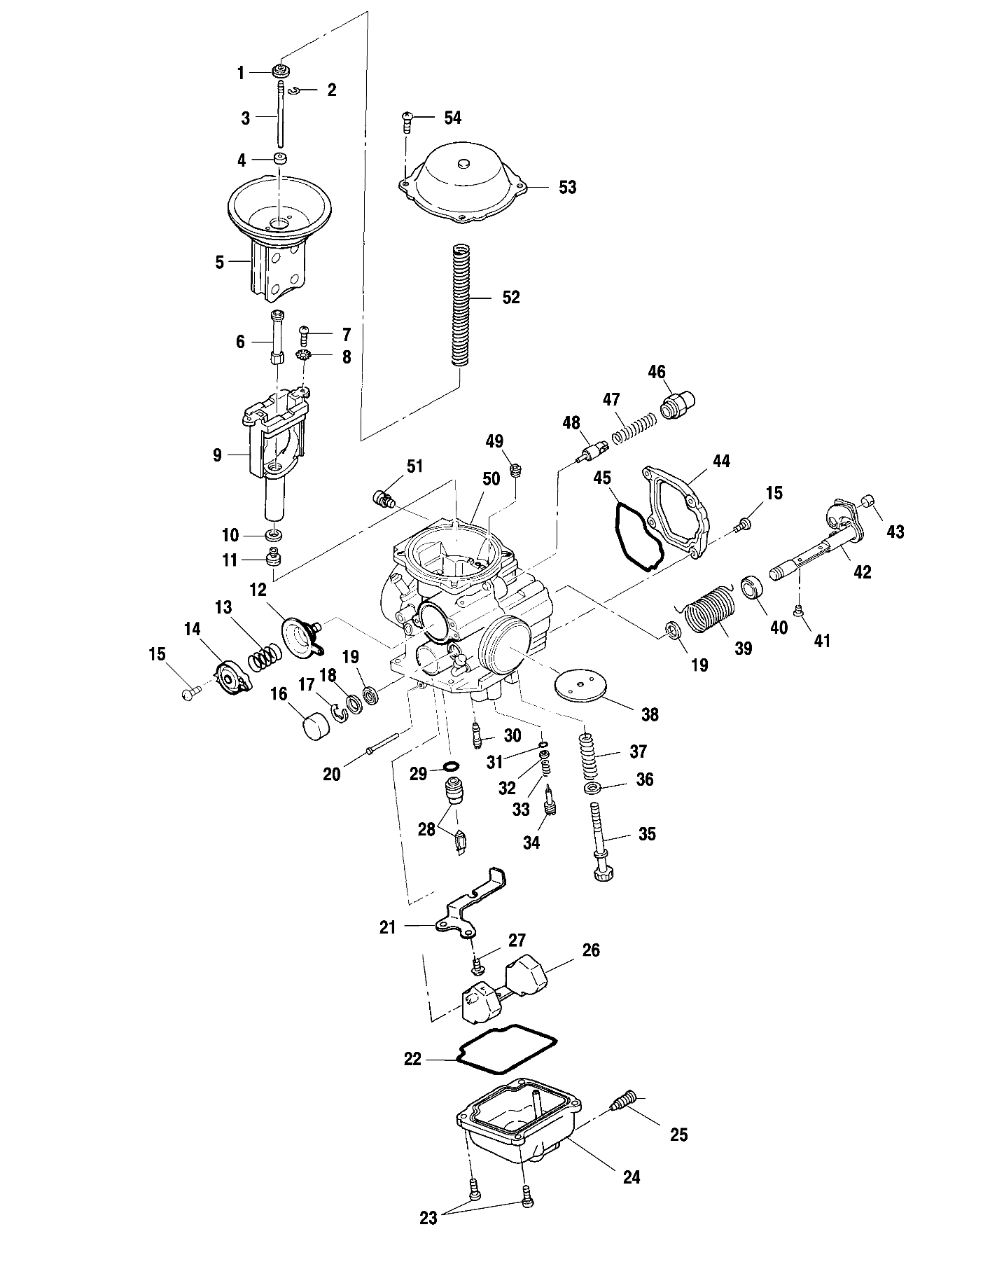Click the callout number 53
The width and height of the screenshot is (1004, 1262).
[568, 187]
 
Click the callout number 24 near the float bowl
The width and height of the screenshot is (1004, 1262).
[632, 1178]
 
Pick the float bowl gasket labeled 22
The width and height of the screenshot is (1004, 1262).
[508, 1058]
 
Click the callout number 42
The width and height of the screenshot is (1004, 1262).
[863, 572]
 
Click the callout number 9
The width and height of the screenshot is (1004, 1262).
[217, 455]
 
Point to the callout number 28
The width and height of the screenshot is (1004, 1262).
[426, 829]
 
